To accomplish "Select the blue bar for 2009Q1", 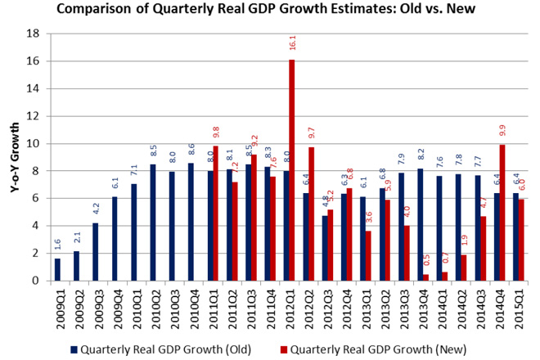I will click(57, 269).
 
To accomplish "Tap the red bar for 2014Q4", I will click(502, 213).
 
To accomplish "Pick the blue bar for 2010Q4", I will click(191, 222).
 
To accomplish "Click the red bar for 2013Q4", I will click(425, 277).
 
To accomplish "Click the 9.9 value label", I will click(502, 128).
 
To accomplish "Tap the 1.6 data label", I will click(57, 245).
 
